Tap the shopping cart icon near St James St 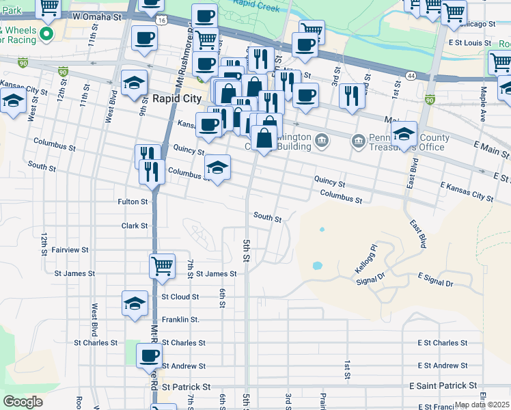click(162, 264)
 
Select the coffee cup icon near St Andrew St click(149, 355)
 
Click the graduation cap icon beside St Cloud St click(135, 303)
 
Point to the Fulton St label click(133, 202)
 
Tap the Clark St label click(135, 225)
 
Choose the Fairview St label click(70, 250)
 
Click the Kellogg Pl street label click(365, 258)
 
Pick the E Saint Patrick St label click(444, 387)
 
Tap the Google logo click(23, 402)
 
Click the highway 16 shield click(160, 21)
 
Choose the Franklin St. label click(180, 319)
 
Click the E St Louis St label click(470, 42)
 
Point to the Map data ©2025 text click(482, 405)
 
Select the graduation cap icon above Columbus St click(217, 167)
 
